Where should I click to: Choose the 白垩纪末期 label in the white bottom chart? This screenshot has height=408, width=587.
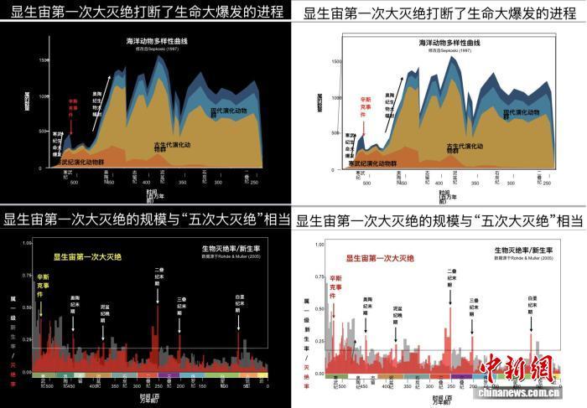pyautogui.click(x=532, y=307)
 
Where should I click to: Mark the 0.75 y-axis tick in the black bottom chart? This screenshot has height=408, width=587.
pyautogui.click(x=28, y=274)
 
